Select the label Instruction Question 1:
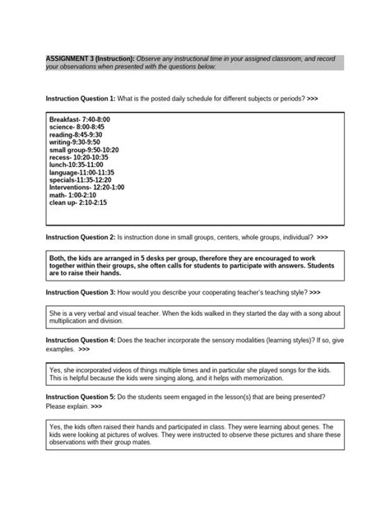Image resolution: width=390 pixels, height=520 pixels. coord(81,98)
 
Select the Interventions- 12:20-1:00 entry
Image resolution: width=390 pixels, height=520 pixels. coord(86,187)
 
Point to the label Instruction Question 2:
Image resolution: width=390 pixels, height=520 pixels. coord(81,237)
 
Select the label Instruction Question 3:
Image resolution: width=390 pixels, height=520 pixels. coord(81,292)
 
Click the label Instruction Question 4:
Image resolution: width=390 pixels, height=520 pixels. coord(81,340)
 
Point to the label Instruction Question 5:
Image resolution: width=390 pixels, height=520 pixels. coord(81,397)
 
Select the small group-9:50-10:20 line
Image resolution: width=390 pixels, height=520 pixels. coord(84,150)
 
